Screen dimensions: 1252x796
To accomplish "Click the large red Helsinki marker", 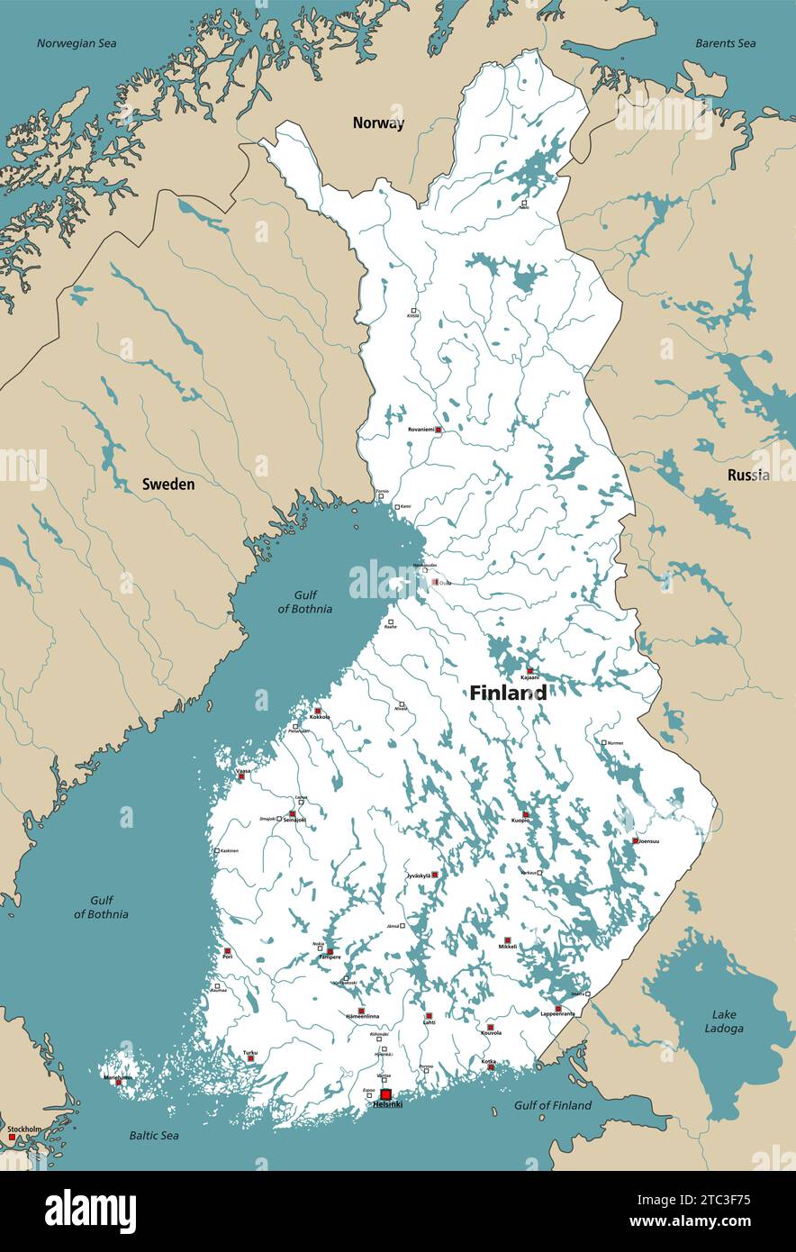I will click(x=385, y=1095).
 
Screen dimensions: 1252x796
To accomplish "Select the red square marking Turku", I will click(x=250, y=1058).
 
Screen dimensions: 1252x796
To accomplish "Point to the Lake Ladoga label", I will click(x=724, y=1021).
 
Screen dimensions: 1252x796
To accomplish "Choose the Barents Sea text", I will click(x=725, y=43).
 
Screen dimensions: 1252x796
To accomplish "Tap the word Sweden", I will click(x=168, y=485).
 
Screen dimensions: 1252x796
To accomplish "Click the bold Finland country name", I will click(x=507, y=693).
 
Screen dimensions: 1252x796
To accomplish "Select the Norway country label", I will click(x=378, y=123).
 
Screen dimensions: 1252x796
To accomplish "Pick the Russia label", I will click(x=748, y=475).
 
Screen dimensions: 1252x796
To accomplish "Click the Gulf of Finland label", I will click(x=553, y=1105).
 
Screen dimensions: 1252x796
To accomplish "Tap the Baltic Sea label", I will click(x=154, y=1135).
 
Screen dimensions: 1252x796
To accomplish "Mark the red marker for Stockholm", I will click(x=12, y=1138).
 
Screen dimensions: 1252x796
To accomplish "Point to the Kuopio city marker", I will click(x=526, y=815).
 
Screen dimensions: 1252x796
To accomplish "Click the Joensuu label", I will click(x=647, y=841).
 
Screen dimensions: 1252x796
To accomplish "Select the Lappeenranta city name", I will click(x=557, y=1014).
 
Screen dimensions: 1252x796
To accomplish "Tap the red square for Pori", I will click(x=227, y=951).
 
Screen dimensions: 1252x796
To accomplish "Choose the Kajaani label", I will click(x=530, y=677).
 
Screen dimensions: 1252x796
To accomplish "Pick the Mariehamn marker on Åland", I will click(x=117, y=1082).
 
